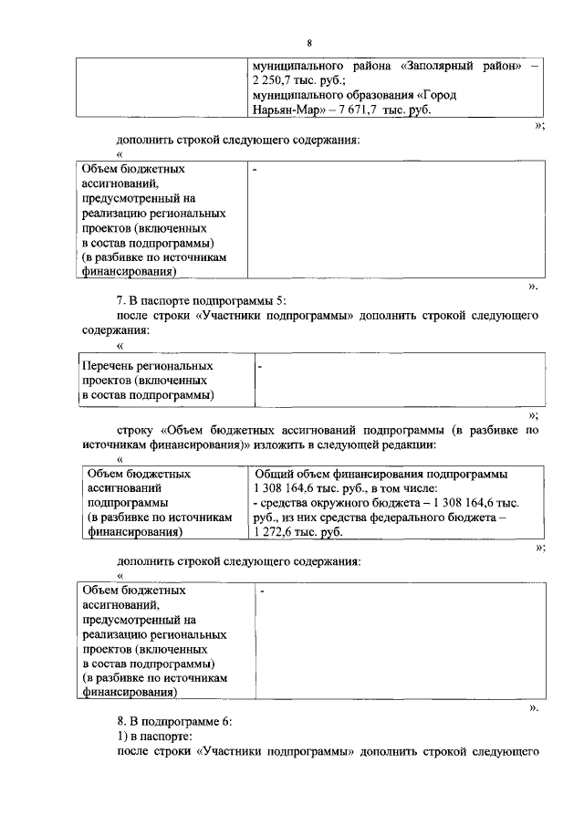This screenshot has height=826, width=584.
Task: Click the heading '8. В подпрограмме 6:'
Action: coord(174,721)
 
